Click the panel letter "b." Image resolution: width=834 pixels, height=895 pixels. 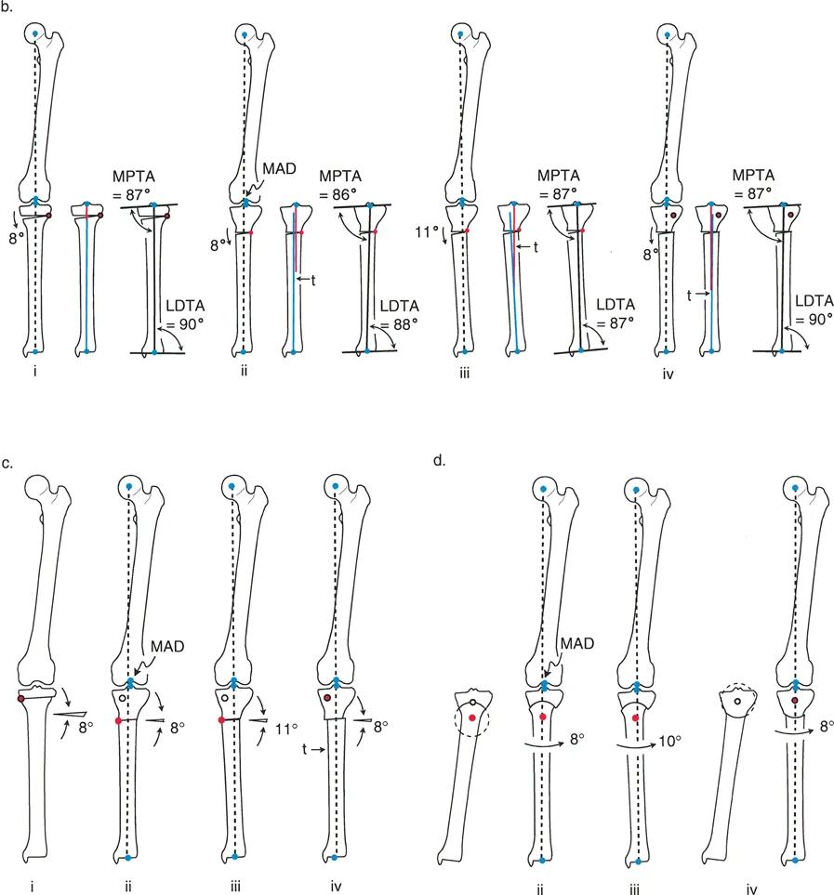point(9,10)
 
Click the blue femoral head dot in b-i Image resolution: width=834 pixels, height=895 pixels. point(35,33)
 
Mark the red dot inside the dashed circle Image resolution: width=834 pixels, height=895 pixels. point(474,717)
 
